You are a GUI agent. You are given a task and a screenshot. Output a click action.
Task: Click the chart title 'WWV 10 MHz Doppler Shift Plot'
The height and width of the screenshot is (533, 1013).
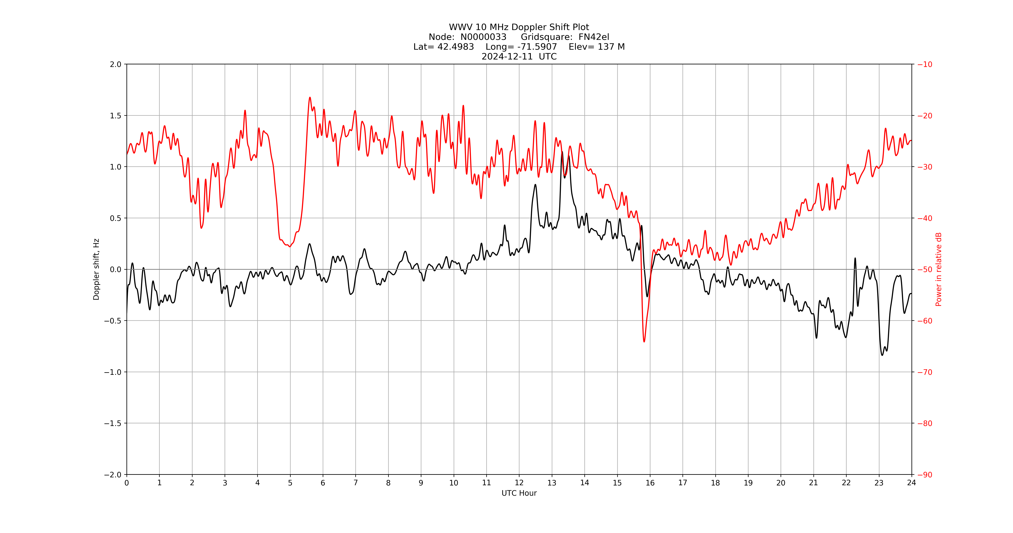519,27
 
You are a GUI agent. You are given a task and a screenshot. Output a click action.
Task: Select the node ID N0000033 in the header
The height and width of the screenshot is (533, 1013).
483,37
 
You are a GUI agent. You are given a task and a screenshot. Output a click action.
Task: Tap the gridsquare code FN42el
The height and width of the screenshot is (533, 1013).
594,37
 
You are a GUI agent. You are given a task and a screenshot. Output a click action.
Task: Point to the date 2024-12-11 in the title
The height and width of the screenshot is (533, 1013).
507,56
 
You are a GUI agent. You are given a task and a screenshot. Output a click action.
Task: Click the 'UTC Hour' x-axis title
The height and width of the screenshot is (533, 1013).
519,493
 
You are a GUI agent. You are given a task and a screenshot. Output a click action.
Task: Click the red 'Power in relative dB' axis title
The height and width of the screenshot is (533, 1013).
939,269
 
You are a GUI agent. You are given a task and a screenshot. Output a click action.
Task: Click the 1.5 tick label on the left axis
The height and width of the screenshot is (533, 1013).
116,116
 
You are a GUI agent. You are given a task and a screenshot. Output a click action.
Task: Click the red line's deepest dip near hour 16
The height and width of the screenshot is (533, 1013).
644,341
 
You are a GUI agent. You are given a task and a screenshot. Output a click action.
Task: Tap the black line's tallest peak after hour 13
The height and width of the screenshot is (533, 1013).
562,152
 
